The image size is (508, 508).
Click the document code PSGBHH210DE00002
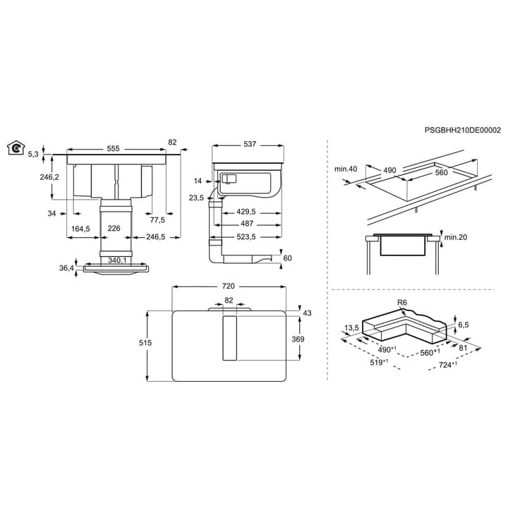(x=463, y=131)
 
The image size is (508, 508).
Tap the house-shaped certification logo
(x=16, y=148)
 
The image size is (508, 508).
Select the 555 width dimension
(x=113, y=149)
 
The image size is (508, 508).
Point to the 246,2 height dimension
(x=49, y=177)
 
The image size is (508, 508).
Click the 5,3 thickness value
(x=33, y=155)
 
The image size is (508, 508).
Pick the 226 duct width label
(x=114, y=229)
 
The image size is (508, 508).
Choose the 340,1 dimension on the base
(x=117, y=260)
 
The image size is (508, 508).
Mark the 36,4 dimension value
(x=66, y=268)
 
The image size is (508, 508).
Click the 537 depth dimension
(x=250, y=144)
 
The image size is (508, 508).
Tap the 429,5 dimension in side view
(x=246, y=212)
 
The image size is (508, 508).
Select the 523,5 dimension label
(x=246, y=237)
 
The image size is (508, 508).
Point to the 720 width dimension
(x=228, y=286)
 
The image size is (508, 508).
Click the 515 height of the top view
(x=145, y=343)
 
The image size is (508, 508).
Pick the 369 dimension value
(x=298, y=339)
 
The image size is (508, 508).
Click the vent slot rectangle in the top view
(x=230, y=338)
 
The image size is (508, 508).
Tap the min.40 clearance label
(x=346, y=169)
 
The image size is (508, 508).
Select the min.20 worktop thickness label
(x=456, y=238)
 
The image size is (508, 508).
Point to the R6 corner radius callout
(x=401, y=303)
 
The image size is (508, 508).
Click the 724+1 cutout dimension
(x=448, y=365)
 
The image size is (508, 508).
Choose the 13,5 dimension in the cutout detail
(x=351, y=328)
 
